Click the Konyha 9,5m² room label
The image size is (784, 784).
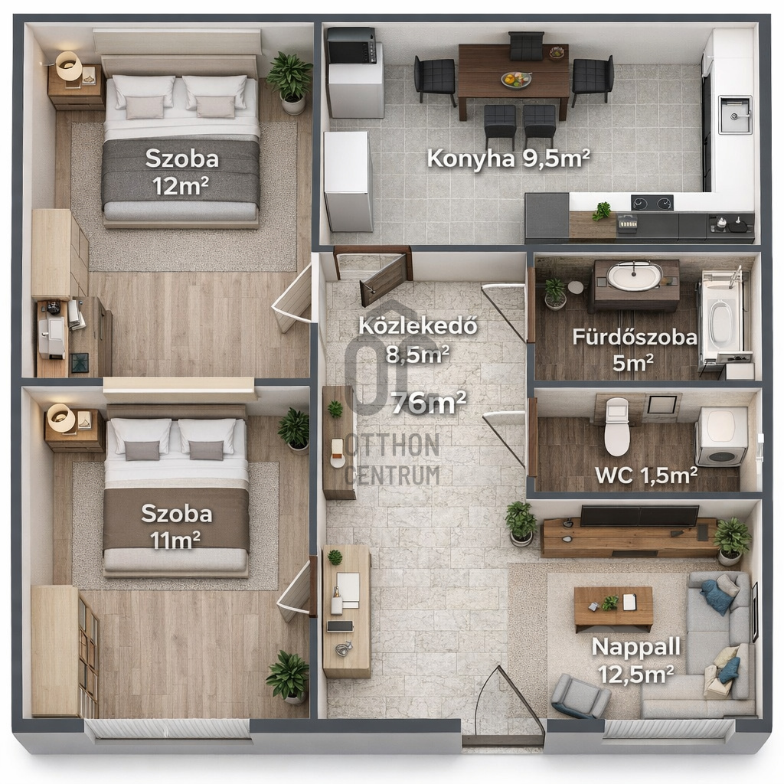coord(508,159)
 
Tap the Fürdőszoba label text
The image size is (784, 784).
coord(635,337)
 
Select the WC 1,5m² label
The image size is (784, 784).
coord(646,475)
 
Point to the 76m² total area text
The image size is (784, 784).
coord(429,403)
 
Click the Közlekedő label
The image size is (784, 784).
coord(418,325)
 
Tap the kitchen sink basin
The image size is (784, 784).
coord(735,115)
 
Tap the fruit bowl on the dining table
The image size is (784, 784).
coord(517,79)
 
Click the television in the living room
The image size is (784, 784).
coord(639,515)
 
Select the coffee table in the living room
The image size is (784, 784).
coord(613,609)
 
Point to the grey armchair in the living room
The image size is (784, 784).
coord(580,695)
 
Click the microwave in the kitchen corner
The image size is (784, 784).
coord(351,45)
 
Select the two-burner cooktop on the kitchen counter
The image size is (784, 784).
coord(652,203)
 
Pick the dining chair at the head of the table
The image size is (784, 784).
coord(526,45)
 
